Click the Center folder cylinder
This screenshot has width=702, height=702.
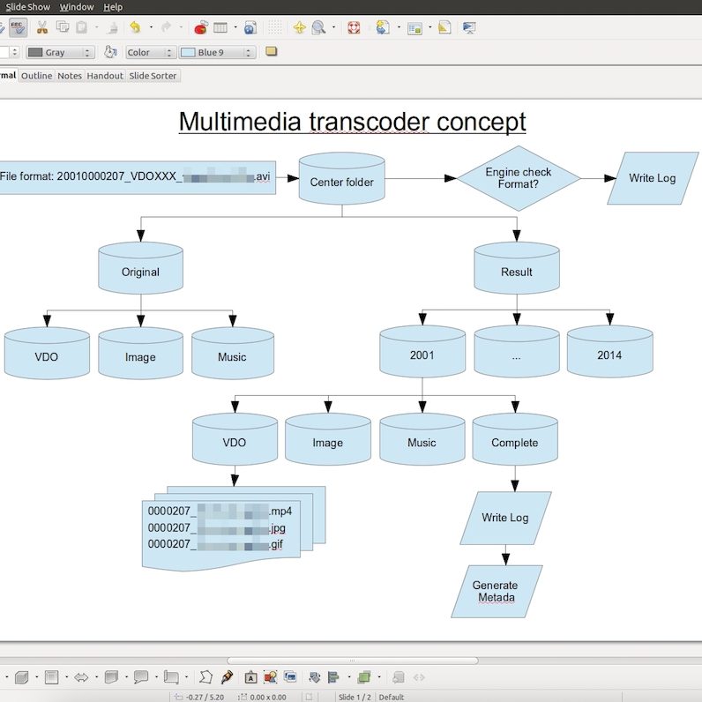coord(341,183)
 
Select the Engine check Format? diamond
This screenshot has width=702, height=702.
coord(518,178)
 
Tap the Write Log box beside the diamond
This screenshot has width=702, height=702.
coord(652,178)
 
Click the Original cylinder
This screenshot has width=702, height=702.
coord(140,272)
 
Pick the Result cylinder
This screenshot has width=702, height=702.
coord(516,272)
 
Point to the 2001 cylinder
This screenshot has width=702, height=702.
coord(422,355)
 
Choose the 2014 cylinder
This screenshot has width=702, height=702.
coord(609,355)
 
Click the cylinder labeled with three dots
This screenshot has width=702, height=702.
coord(516,355)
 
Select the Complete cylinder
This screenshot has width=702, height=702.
coord(514,443)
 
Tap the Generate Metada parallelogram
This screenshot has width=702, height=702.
coord(496,592)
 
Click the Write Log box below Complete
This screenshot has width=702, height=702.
coord(505,518)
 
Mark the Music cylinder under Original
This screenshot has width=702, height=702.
coord(232,357)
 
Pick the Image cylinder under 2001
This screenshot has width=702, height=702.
coord(327,443)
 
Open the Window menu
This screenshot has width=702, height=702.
coord(77,7)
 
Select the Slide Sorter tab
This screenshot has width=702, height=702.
coord(153,76)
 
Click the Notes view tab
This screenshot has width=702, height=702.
coord(70,76)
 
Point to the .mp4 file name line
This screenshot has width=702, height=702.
coord(220,511)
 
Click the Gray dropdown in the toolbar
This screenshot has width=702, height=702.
coord(60,53)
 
